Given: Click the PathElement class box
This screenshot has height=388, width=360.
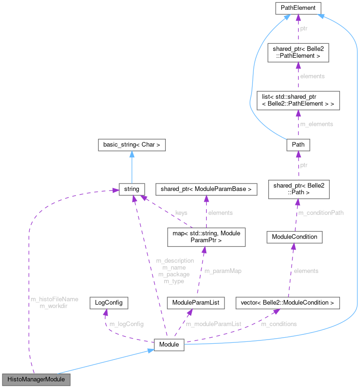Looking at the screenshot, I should click(x=298, y=8).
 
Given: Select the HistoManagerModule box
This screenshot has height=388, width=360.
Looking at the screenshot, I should click(x=36, y=379).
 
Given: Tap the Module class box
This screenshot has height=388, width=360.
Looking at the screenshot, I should click(x=170, y=346).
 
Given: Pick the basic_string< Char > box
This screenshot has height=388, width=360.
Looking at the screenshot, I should click(x=132, y=145).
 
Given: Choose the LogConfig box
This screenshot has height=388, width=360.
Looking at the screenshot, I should click(x=109, y=302).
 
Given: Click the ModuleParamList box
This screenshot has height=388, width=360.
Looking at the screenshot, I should click(x=196, y=303).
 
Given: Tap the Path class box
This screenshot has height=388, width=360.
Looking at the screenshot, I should click(x=298, y=144).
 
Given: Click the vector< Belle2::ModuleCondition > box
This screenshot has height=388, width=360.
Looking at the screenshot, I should click(x=287, y=303).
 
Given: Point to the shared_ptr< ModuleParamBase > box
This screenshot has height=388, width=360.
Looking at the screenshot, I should click(x=206, y=189).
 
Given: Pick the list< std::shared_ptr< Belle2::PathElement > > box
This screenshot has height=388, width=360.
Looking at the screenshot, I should click(x=298, y=100).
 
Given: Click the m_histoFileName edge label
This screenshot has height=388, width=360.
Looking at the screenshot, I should click(x=54, y=299).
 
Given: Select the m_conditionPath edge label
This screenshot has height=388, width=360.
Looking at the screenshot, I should click(x=321, y=213).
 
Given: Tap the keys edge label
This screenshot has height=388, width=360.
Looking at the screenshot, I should click(x=181, y=213).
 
